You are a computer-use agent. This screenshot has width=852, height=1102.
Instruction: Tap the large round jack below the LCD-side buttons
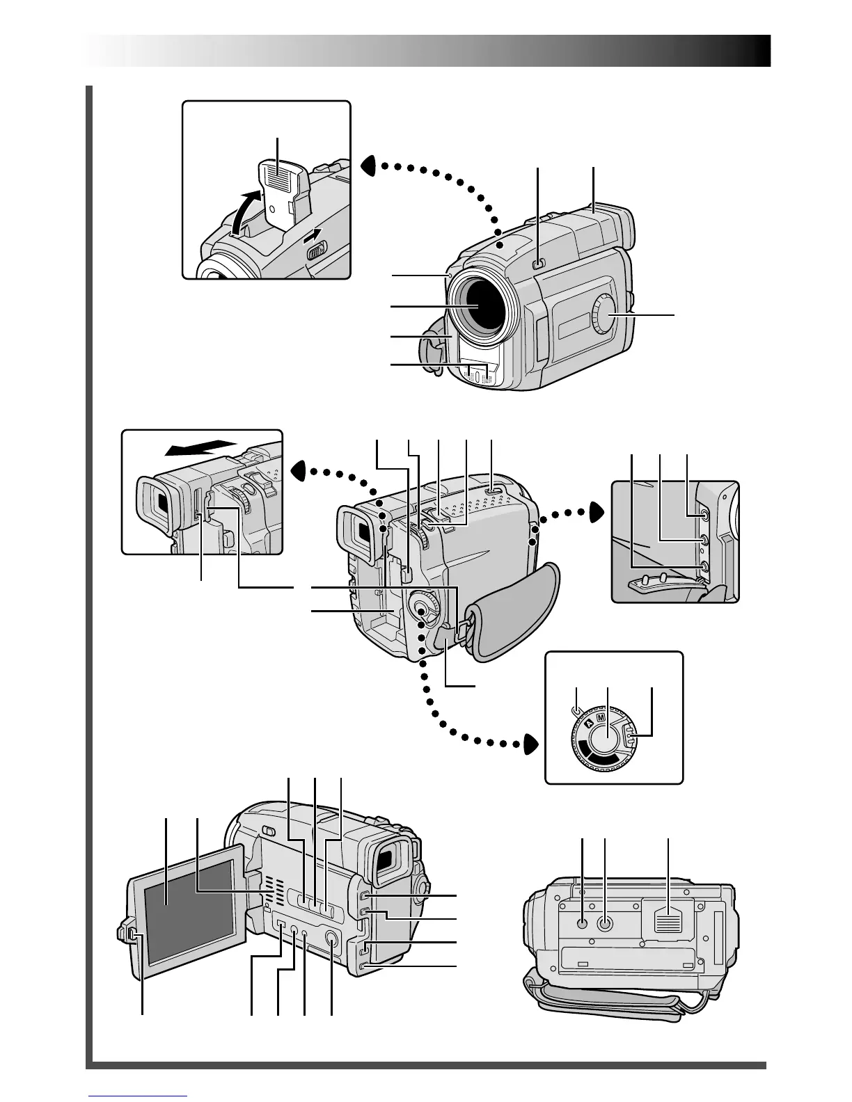tap(331, 939)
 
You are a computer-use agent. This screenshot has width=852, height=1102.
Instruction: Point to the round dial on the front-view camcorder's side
tap(606, 317)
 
